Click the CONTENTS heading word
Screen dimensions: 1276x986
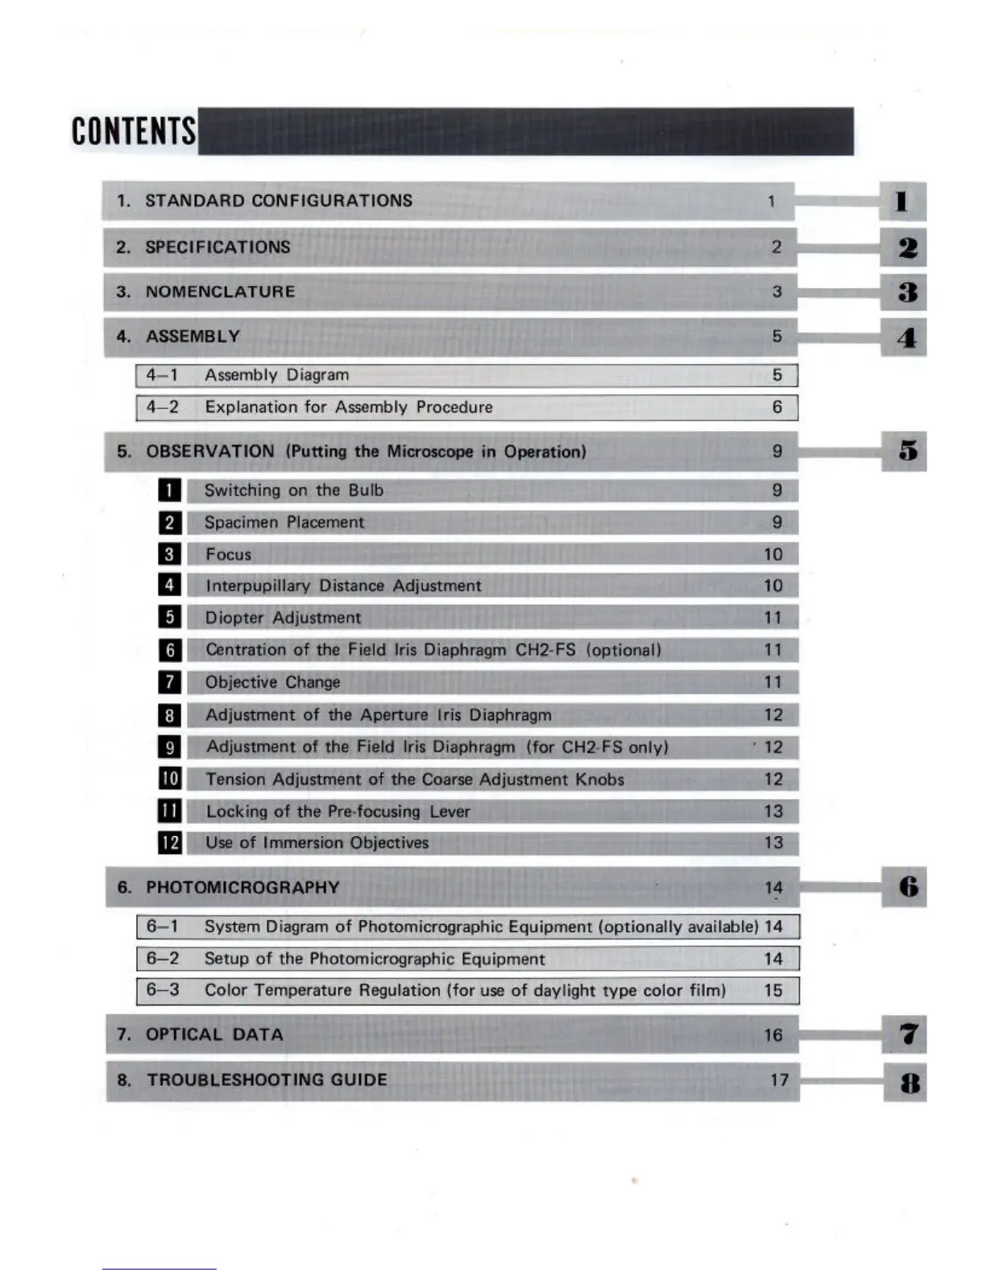pyautogui.click(x=134, y=130)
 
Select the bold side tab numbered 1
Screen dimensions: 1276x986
pyautogui.click(x=902, y=201)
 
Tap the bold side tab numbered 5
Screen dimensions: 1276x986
pyautogui.click(x=907, y=451)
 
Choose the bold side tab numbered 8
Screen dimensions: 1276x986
pyautogui.click(x=909, y=1083)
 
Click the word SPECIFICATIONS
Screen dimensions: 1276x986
pyautogui.click(x=217, y=247)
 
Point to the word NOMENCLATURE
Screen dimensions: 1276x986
pyautogui.click(x=220, y=292)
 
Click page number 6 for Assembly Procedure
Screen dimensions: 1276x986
pyautogui.click(x=777, y=408)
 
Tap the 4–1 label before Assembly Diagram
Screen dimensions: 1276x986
pyautogui.click(x=162, y=375)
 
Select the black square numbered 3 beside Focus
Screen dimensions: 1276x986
pyautogui.click(x=169, y=554)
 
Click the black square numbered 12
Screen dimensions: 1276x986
pyautogui.click(x=170, y=843)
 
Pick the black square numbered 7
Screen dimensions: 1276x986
pyautogui.click(x=169, y=682)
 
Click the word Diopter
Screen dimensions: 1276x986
pyautogui.click(x=234, y=618)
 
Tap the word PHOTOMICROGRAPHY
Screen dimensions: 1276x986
pyautogui.click(x=242, y=888)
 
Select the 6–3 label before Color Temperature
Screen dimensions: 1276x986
pyautogui.click(x=163, y=990)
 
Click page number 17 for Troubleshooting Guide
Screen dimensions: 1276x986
pyautogui.click(x=779, y=1079)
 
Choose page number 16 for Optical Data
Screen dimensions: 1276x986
pyautogui.click(x=773, y=1035)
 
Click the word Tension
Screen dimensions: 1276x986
pyautogui.click(x=235, y=779)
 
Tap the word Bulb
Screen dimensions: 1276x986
pyautogui.click(x=366, y=490)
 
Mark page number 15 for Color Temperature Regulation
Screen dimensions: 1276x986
pyautogui.click(x=773, y=990)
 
